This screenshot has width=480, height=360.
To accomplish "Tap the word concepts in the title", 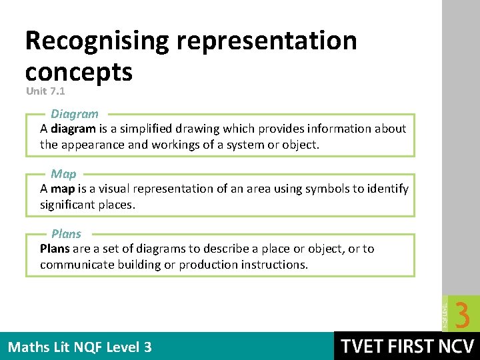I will click(79, 71).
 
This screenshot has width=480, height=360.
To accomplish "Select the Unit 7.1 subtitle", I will click(45, 90).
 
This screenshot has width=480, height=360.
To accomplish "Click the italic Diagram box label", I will click(75, 114).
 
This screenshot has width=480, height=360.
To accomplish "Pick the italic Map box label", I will click(63, 174).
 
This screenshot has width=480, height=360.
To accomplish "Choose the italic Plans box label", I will click(66, 234).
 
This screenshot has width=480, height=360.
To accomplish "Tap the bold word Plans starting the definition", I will click(55, 249).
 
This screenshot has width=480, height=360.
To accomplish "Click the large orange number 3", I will click(462, 313).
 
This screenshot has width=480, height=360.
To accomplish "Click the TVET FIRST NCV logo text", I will click(407, 346).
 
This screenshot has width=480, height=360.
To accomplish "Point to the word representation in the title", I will click(267, 41).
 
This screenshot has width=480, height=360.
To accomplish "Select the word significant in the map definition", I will click(69, 205).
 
